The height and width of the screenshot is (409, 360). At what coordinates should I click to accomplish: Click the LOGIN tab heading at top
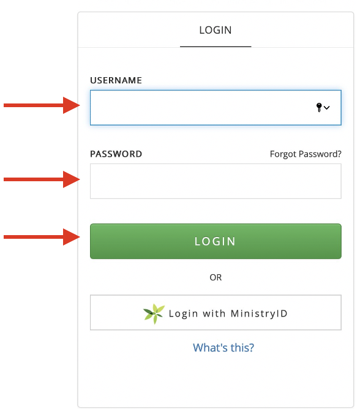[216, 30]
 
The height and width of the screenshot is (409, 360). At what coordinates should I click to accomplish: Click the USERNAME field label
[116, 80]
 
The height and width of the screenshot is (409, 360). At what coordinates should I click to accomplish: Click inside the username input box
[201, 108]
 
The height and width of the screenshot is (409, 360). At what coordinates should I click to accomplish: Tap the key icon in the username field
[319, 107]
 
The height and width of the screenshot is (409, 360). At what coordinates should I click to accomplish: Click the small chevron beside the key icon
[326, 108]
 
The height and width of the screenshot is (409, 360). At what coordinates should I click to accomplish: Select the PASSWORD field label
[116, 154]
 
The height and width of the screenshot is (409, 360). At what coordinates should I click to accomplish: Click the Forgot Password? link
[306, 154]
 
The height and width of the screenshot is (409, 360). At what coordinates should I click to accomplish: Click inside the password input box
[216, 181]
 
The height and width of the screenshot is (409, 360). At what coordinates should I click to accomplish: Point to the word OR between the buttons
[216, 277]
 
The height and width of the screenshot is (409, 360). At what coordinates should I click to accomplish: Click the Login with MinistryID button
[216, 312]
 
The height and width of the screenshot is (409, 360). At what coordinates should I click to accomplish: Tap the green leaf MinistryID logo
[154, 314]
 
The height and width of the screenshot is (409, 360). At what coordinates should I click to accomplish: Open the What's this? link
[223, 348]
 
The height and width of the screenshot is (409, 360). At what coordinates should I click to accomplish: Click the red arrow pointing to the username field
[42, 105]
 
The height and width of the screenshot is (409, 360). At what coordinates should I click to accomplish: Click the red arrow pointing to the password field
[42, 179]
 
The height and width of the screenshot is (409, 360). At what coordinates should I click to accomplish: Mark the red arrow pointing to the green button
[42, 237]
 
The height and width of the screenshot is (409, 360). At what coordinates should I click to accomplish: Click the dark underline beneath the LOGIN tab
[216, 47]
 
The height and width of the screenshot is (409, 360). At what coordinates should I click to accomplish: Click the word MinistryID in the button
[259, 314]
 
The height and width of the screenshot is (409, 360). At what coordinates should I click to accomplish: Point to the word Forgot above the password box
[283, 154]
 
